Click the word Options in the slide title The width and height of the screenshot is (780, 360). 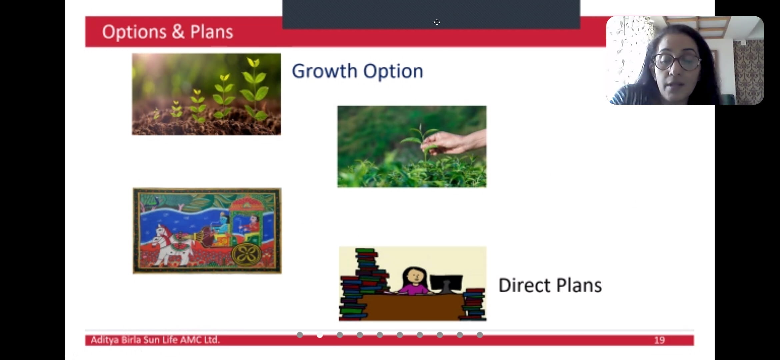134,32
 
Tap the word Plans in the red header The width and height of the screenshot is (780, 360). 212,32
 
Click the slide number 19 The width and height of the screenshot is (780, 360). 659,340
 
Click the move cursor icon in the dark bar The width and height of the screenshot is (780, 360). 437,22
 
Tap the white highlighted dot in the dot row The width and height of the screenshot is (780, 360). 320,335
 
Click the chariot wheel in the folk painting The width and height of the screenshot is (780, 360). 246,255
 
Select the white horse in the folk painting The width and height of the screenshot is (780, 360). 172,245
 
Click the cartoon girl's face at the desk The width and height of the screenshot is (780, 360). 415,276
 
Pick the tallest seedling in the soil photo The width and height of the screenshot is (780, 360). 255,88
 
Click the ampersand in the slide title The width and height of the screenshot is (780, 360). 178,32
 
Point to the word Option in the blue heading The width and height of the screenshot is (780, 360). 393,71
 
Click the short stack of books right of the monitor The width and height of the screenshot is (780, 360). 473,304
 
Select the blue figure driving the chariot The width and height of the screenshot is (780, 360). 220,227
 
